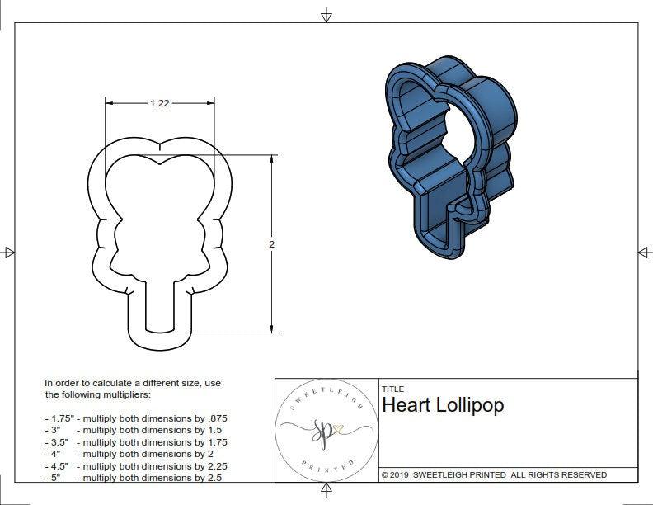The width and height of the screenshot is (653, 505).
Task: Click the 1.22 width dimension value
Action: click(x=159, y=103)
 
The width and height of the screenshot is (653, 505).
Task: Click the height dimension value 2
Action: click(x=271, y=244)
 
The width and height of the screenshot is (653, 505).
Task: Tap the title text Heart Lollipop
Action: click(x=442, y=405)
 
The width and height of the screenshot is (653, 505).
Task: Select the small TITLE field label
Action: click(x=392, y=389)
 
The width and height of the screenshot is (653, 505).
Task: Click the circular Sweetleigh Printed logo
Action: click(x=326, y=431)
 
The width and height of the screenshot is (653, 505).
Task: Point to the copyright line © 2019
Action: click(x=494, y=474)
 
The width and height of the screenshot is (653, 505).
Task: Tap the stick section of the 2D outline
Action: click(x=159, y=309)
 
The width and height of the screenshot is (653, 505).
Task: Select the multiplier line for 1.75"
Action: click(x=135, y=418)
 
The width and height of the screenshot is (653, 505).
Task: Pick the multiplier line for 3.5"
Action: click(x=135, y=442)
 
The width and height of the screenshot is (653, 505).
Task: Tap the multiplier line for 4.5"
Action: click(x=135, y=465)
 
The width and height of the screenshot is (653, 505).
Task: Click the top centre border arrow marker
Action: click(x=326, y=15)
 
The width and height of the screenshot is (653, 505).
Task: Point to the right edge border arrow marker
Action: click(x=643, y=252)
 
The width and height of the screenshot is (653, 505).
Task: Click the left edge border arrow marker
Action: click(x=9, y=252)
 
